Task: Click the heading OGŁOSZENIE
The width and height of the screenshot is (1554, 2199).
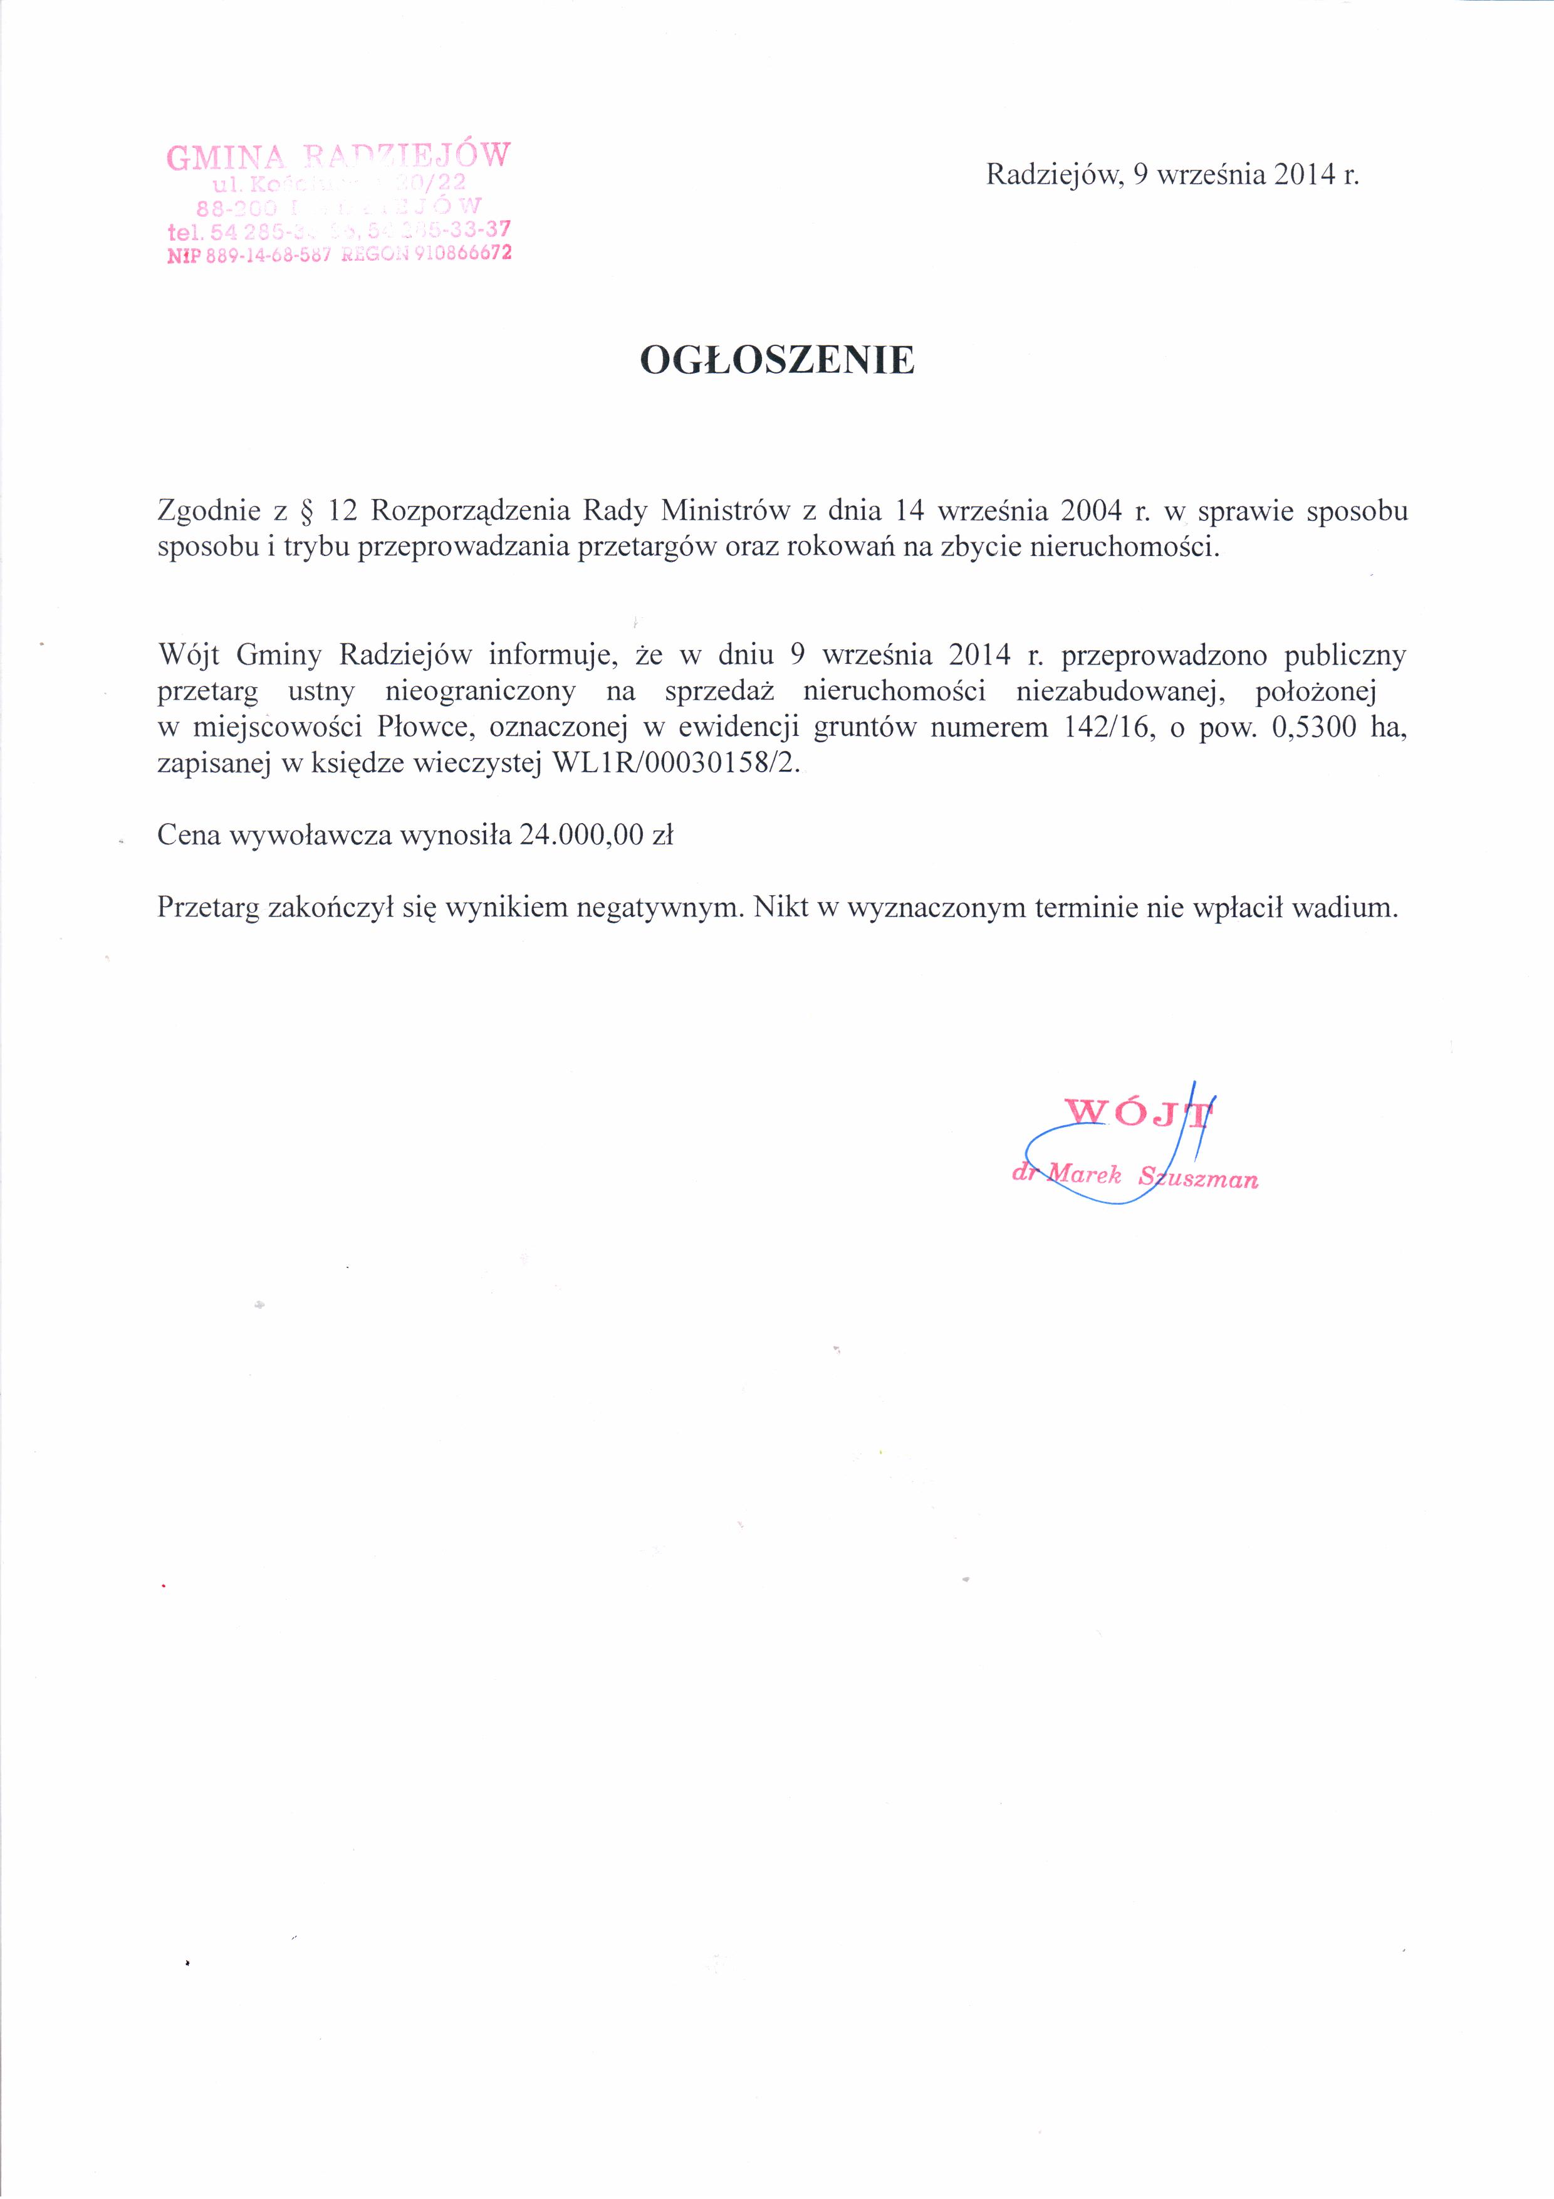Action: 776,360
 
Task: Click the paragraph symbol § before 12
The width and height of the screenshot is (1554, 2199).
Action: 307,512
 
